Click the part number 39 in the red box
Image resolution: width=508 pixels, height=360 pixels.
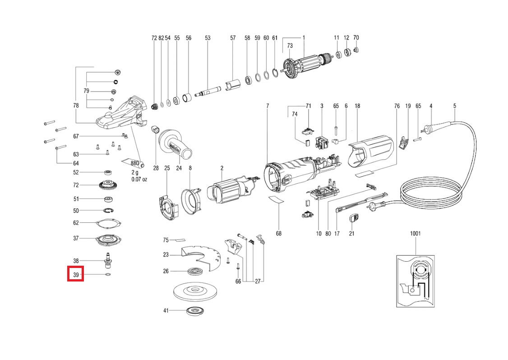click(x=76, y=274)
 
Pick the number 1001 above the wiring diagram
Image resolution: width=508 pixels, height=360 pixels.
click(x=416, y=234)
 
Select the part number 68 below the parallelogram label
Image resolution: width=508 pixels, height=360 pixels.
click(x=279, y=233)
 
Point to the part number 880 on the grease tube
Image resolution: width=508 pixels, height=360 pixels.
click(x=134, y=163)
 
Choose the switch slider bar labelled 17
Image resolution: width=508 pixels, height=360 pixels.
click(x=361, y=202)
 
